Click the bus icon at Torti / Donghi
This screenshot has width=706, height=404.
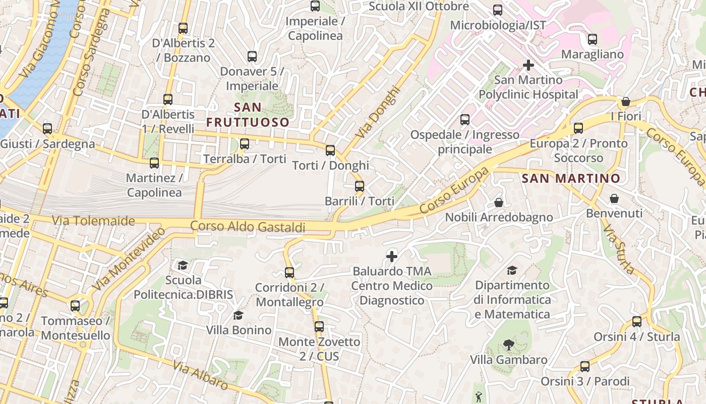point(330,150)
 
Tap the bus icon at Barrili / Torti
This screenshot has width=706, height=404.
point(360,186)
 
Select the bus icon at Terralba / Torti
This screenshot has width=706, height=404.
point(245,144)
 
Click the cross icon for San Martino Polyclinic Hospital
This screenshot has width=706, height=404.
point(528,65)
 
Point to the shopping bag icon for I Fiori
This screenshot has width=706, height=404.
point(626,102)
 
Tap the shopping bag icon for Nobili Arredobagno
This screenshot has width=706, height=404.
point(499,203)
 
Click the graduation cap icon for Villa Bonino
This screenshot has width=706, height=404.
point(238,316)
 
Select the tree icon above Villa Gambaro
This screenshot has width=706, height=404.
point(508,345)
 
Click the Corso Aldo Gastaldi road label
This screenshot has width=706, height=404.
point(248,227)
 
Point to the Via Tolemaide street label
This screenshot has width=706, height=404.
point(94,221)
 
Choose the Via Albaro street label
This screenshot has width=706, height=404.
point(200,375)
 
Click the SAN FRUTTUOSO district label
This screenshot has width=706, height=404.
point(248,115)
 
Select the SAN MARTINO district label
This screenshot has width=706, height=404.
point(571,178)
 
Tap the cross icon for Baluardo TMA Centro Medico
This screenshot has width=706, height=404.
point(392,257)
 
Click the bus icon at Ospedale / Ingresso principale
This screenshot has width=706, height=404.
point(464,120)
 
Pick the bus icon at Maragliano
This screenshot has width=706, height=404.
point(593,39)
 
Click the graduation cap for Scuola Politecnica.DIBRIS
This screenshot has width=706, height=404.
point(183,265)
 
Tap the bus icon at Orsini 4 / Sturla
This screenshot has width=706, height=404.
point(637,322)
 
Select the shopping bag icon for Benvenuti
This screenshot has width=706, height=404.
point(614,198)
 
